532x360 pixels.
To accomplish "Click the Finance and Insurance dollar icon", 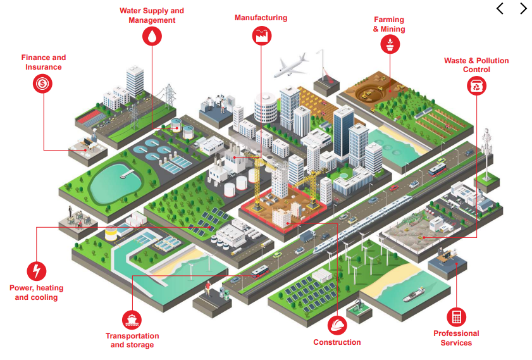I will [43, 83].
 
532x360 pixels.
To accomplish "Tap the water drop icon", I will [152, 37].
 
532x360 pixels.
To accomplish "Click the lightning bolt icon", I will [37, 271].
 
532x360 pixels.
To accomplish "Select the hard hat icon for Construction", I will [337, 325].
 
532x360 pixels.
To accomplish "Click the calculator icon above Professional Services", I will [456, 316].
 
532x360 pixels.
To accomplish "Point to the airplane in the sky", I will [290, 66].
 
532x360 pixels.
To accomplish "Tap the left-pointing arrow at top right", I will [500, 9].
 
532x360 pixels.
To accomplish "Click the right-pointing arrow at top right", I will [523, 9].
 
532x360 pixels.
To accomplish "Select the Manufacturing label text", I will [261, 18].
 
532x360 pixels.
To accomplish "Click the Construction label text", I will [337, 342].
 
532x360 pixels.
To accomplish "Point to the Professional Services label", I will [456, 338].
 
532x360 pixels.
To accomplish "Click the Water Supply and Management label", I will [152, 15].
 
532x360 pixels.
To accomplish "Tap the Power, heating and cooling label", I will [37, 292].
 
